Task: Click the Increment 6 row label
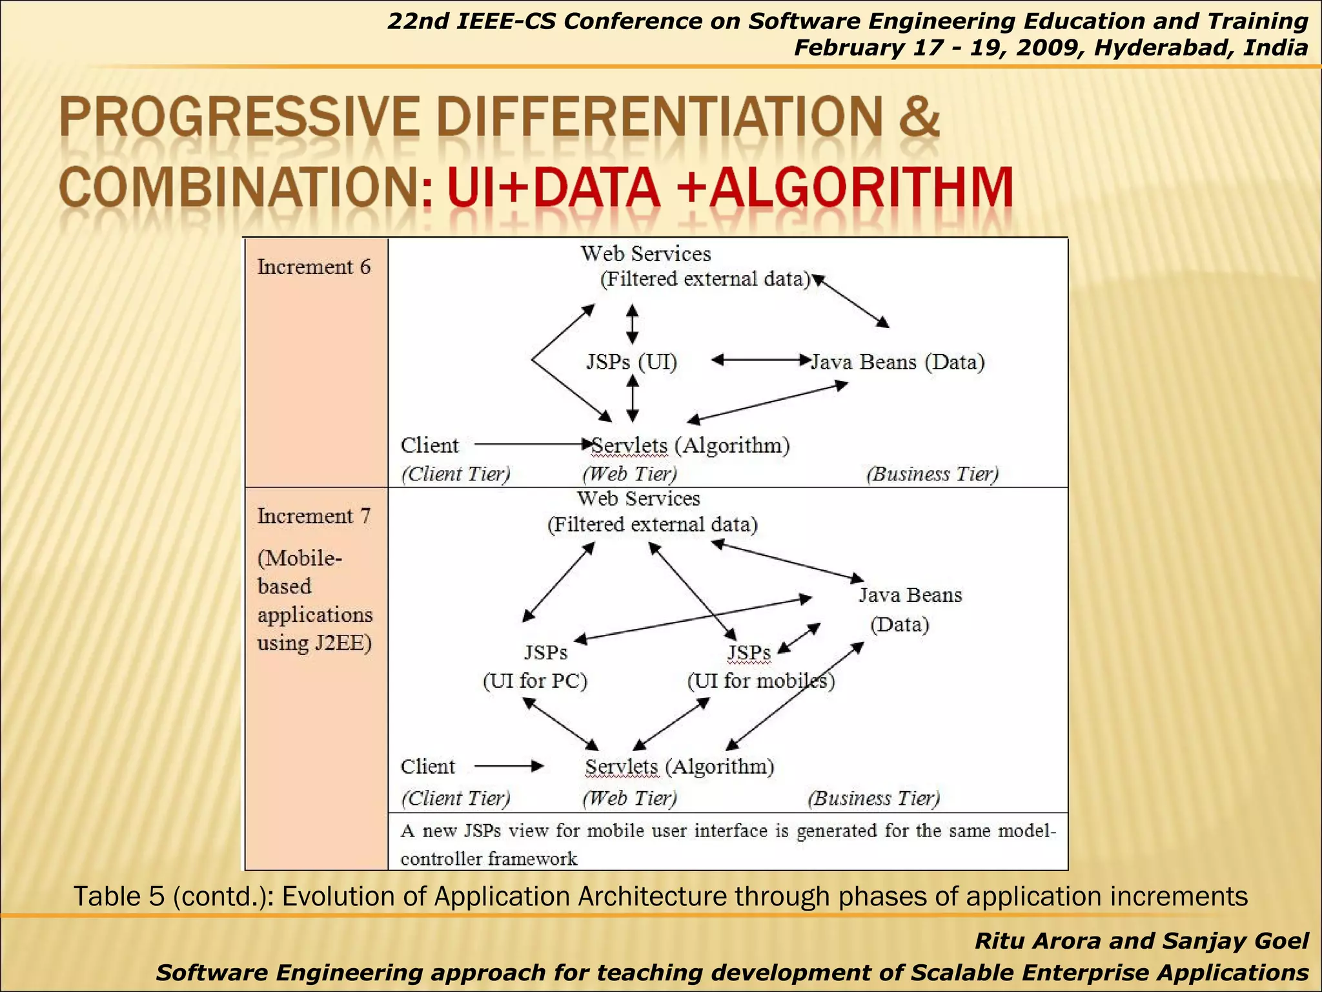[314, 267]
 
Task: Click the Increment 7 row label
[314, 516]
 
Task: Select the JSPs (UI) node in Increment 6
[631, 361]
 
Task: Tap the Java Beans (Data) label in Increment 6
[898, 362]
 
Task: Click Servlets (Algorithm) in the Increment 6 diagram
[690, 445]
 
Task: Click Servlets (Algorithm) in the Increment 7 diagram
[679, 767]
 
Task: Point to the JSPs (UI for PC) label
[536, 666]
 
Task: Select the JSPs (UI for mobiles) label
[760, 666]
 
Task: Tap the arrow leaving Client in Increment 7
[509, 767]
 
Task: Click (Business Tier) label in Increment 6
[932, 474]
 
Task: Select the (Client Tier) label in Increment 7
[456, 798]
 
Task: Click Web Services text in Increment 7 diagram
[638, 499]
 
